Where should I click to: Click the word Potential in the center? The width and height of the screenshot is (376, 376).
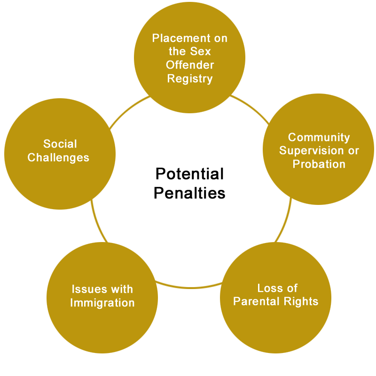(189, 174)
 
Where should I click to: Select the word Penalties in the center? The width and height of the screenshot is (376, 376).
(189, 193)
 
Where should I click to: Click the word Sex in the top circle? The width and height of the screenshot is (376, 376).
(200, 51)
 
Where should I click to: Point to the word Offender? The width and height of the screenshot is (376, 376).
(190, 65)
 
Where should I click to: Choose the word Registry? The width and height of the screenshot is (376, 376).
(190, 79)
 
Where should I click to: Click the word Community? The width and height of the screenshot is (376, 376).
(319, 138)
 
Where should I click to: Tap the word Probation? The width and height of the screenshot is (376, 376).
(319, 164)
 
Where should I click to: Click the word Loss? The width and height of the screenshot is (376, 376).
(267, 288)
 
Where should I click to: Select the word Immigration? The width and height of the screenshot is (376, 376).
(102, 303)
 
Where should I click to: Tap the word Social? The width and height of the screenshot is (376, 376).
(60, 144)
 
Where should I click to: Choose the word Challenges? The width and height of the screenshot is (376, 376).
(58, 158)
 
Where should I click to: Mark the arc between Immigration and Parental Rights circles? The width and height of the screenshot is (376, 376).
(189, 287)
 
